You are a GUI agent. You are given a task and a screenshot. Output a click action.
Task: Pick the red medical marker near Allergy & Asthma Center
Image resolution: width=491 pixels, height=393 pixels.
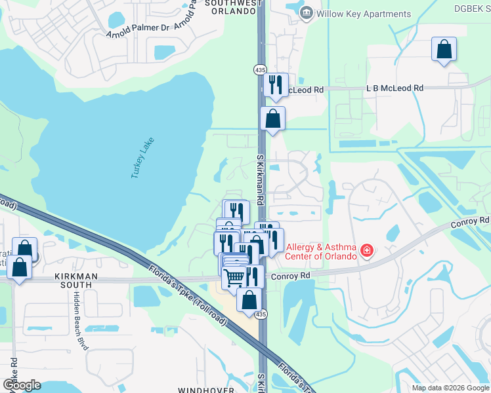tap(366, 251)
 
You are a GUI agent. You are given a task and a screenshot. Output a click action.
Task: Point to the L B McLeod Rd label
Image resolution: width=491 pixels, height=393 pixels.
tap(395, 88)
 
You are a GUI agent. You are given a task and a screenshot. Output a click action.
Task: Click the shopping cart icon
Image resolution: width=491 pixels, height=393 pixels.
tap(234, 278)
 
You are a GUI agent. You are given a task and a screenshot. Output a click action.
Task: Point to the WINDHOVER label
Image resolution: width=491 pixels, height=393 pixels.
tap(206, 390)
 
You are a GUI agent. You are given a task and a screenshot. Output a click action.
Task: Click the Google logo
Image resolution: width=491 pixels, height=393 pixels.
tap(22, 385)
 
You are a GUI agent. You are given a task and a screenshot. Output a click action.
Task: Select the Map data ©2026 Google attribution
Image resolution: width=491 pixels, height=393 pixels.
tap(450, 388)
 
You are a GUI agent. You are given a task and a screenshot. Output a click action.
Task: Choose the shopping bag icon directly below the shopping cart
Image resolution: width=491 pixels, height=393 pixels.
tap(249, 301)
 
